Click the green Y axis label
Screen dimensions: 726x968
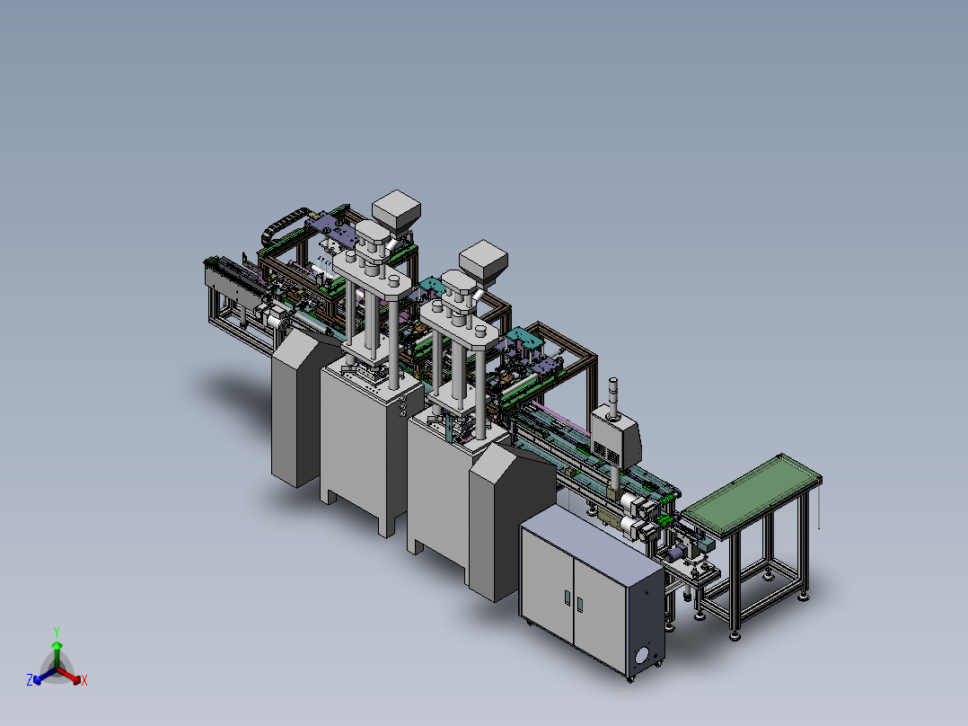pyautogui.click(x=57, y=631)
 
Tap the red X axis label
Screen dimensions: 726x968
pyautogui.click(x=84, y=681)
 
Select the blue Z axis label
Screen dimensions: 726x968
pyautogui.click(x=30, y=680)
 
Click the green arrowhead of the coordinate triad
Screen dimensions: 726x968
pyautogui.click(x=57, y=645)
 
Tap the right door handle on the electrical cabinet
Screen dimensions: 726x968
pyautogui.click(x=579, y=605)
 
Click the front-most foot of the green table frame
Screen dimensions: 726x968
pyautogui.click(x=735, y=636)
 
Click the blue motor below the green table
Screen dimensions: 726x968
pyautogui.click(x=701, y=544)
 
